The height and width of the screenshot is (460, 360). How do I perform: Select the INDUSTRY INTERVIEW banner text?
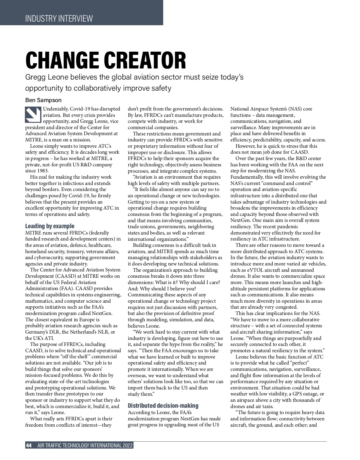59,19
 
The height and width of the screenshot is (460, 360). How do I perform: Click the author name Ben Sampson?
43,100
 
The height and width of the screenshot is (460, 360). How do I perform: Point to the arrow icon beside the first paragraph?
33,114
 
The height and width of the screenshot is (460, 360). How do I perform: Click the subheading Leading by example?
50,226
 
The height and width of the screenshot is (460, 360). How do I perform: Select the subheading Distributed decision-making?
163,406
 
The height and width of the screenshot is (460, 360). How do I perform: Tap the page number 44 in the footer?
29,446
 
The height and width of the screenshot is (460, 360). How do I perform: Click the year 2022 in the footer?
127,446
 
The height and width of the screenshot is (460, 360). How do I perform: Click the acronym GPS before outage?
301,394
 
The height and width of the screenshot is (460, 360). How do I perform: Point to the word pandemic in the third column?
288,226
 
